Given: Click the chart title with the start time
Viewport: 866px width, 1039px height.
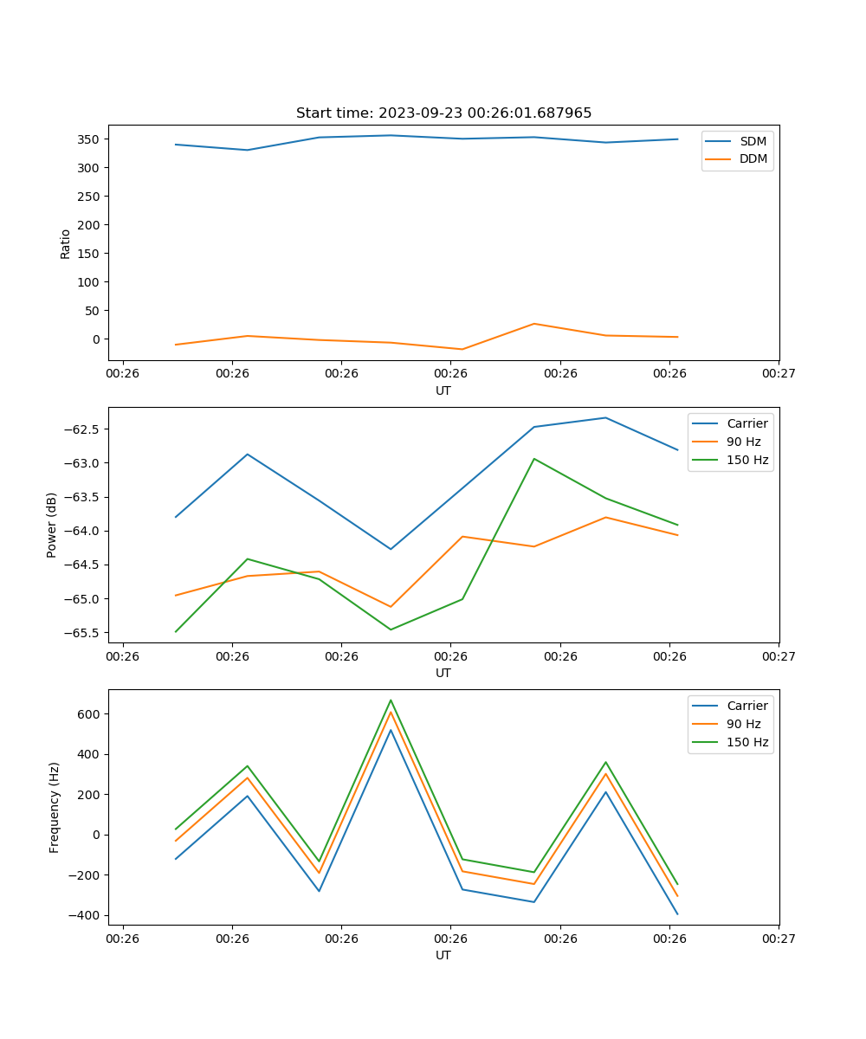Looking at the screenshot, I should click(x=443, y=113).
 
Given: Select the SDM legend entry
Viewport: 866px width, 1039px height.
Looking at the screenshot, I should click(x=753, y=141).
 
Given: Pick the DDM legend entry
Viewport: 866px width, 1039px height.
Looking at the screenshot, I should click(x=753, y=159).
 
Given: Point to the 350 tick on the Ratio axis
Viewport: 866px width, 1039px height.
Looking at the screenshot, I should click(x=89, y=139).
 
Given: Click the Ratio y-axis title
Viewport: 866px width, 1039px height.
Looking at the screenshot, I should click(x=66, y=243).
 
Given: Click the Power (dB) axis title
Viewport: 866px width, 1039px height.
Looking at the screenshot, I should click(x=52, y=525).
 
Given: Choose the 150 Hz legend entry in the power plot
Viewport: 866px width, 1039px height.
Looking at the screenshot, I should click(x=747, y=460).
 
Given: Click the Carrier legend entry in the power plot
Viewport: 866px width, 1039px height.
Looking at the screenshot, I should click(x=747, y=423).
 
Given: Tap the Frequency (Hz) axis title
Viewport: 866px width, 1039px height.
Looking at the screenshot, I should click(x=55, y=807).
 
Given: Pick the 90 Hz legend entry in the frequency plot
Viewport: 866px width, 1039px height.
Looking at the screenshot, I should click(x=744, y=724).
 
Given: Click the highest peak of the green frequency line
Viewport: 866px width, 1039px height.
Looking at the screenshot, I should click(x=391, y=700).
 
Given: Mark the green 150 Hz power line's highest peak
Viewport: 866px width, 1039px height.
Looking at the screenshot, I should click(x=534, y=459).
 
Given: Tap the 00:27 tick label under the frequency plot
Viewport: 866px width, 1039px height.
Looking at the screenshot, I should click(x=779, y=938).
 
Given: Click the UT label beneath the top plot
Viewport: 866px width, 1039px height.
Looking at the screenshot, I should click(x=443, y=390).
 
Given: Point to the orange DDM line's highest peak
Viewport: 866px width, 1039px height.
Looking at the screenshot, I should click(x=534, y=324).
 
